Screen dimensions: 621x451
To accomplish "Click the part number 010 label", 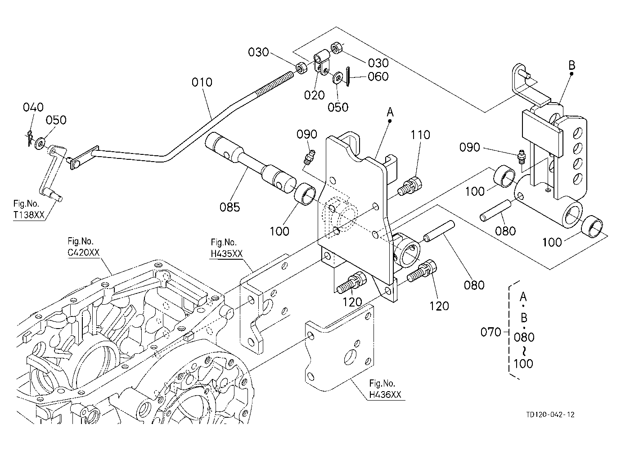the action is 202,82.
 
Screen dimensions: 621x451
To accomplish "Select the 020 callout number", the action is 314,95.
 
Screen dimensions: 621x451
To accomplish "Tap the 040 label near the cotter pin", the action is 33,107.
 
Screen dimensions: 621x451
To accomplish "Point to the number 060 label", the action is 378,77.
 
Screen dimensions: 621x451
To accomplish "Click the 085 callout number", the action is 230,207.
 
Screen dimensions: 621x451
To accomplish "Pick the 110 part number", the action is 420,135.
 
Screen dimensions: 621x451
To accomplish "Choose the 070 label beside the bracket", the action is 491,332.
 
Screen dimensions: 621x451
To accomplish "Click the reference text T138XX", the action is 29,215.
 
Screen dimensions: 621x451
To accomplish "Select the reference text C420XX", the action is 83,253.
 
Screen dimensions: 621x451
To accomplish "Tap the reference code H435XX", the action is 227,253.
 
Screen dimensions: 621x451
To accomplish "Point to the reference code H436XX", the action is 385,394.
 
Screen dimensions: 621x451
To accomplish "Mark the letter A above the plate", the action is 390,113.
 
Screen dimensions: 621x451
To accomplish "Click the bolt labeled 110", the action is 410,187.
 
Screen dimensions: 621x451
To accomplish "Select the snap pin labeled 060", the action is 348,77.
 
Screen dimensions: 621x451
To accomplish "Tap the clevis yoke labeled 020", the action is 322,63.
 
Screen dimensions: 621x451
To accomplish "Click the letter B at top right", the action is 572,65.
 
